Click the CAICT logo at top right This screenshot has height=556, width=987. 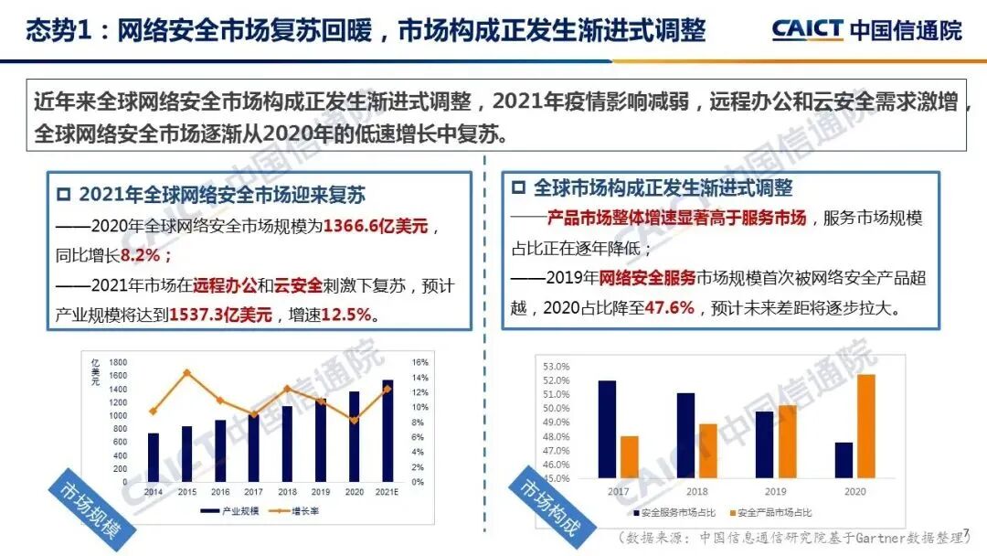click(x=866, y=29)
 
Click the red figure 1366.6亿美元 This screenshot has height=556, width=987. click(x=376, y=226)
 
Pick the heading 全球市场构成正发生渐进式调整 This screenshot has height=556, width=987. click(x=662, y=188)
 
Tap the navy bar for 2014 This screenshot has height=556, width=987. click(x=154, y=457)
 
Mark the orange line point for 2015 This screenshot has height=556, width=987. click(x=187, y=372)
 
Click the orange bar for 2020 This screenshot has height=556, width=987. click(x=865, y=426)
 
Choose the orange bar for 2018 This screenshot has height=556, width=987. click(x=708, y=451)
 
